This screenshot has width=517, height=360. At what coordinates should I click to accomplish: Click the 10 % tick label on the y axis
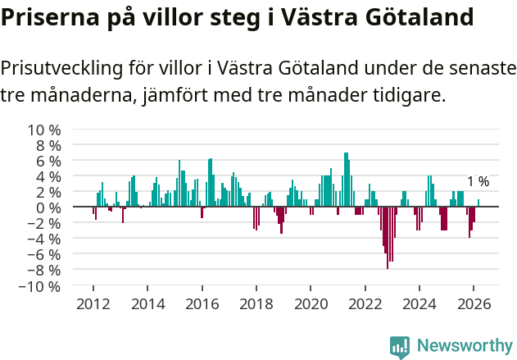44,130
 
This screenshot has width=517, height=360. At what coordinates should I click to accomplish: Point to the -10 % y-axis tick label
40,287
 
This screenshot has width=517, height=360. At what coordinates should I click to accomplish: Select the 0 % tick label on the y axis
48,208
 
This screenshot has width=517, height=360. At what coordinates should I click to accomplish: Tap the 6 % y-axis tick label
48,161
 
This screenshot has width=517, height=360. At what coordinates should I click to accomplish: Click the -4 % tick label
44,239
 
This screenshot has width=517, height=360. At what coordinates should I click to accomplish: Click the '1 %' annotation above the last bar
478,182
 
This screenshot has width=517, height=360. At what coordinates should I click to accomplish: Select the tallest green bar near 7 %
346,180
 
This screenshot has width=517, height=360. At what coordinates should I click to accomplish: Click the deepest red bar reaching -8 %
388,238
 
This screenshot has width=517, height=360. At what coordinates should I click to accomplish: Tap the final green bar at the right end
478,203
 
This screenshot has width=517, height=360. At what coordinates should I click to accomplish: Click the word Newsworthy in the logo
464,345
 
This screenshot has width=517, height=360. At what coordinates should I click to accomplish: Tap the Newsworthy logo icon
400,347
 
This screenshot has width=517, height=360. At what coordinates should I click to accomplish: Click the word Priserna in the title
47,17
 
